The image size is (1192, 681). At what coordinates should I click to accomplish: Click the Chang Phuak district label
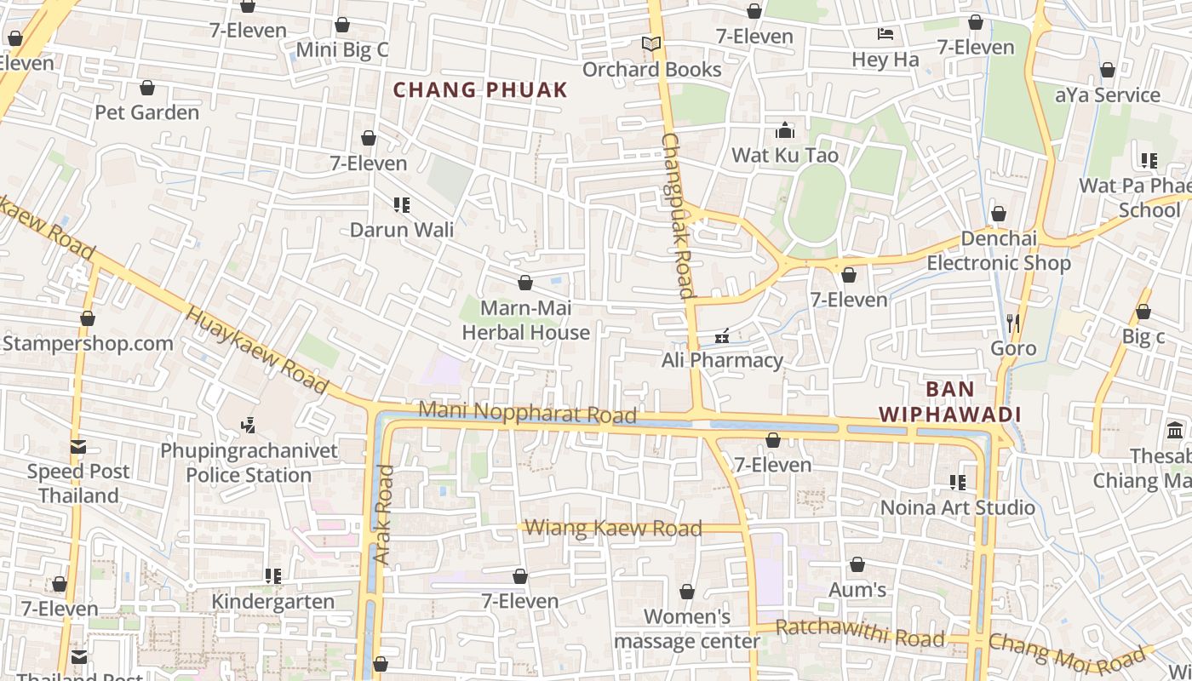[x=480, y=90]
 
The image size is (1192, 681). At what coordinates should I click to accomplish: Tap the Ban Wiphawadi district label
[x=949, y=402]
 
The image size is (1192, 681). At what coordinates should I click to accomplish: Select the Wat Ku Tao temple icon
[x=784, y=131]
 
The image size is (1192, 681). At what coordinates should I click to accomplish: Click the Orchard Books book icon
[x=651, y=44]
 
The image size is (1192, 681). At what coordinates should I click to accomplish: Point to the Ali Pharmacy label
[x=722, y=360]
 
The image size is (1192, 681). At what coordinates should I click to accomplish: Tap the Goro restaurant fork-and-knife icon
[x=1013, y=323]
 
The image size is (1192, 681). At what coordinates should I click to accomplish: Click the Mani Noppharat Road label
[x=527, y=412]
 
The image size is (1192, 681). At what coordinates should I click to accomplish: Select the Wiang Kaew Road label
[x=613, y=529]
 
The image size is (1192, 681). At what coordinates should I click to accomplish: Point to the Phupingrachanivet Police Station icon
[x=249, y=425]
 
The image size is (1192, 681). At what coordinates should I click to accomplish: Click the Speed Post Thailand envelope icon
[x=78, y=447]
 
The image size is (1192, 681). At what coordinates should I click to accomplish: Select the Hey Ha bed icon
[x=885, y=34]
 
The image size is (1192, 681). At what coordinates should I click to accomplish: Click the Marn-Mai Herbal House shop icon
[x=525, y=283]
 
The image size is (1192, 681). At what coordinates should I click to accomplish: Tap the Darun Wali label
[x=402, y=230]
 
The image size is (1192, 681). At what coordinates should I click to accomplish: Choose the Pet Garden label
[x=146, y=112]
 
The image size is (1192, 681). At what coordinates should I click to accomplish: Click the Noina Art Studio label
[x=958, y=508]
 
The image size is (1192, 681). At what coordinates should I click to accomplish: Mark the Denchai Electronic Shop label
[x=998, y=251]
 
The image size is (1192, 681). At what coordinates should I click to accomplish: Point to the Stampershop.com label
[x=88, y=344]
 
